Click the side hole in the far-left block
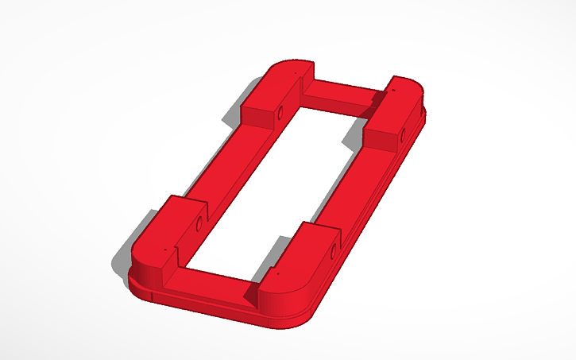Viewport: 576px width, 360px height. click(279, 113)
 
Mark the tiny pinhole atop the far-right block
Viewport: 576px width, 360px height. click(391, 91)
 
